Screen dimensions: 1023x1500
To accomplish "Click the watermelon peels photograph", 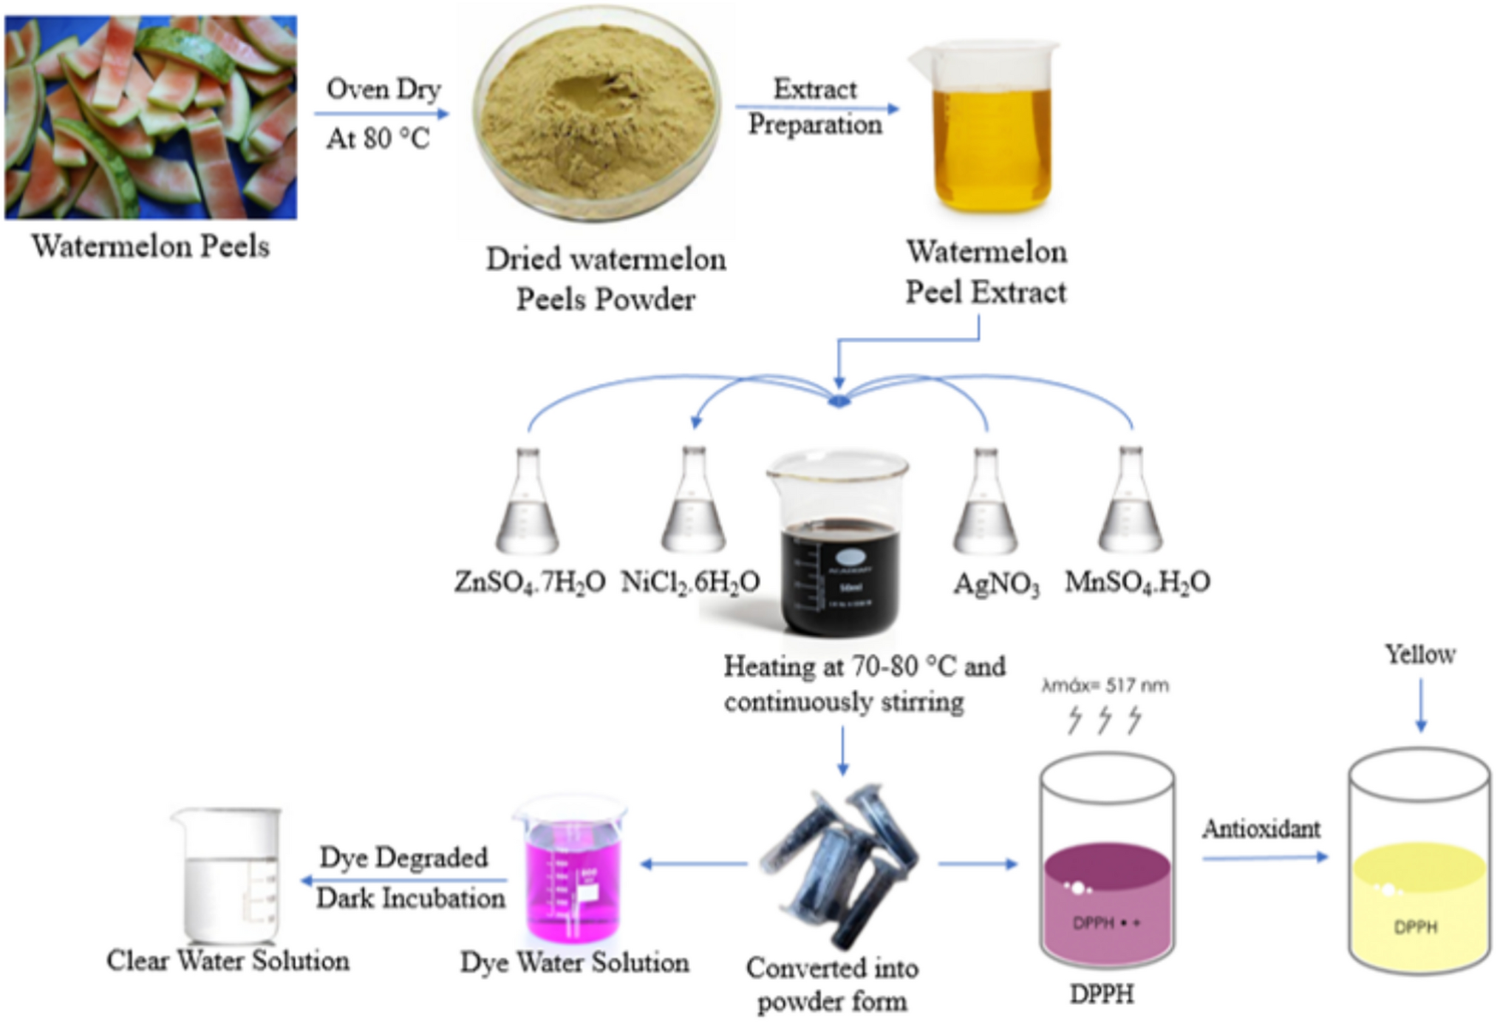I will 151,118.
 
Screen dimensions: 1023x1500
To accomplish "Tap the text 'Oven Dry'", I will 383,89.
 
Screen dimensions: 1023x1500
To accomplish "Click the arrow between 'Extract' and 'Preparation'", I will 817,108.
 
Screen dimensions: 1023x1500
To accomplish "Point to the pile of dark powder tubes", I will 842,865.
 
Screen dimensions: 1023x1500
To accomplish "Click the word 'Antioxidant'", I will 1261,829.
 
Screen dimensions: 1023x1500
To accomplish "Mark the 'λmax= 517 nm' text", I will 1105,686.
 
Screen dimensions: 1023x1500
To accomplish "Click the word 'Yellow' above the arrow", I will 1419,654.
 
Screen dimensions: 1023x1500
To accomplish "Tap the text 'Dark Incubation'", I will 411,899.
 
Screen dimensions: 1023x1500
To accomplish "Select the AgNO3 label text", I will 996,584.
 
